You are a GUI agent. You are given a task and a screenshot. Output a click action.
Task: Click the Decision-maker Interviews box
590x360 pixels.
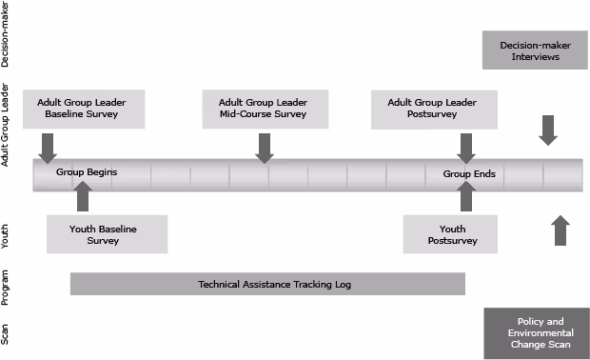tap(535, 50)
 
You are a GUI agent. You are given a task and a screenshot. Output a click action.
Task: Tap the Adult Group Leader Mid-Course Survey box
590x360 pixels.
tap(265, 108)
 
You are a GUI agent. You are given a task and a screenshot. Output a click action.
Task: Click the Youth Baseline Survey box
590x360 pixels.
tap(107, 234)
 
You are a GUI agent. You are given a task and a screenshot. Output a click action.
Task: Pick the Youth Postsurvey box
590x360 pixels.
tap(452, 234)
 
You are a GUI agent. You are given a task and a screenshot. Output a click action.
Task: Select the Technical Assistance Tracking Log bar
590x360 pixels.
tap(267, 284)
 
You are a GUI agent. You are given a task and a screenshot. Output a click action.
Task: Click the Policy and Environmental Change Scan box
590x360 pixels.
tap(537, 333)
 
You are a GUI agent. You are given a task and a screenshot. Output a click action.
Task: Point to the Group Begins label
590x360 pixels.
tap(86, 173)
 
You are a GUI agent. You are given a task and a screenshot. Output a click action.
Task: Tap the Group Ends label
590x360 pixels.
tap(468, 173)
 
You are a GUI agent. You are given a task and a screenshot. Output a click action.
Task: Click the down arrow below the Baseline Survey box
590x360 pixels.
tap(48, 148)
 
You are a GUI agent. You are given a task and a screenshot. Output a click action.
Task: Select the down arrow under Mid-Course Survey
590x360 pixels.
tap(265, 148)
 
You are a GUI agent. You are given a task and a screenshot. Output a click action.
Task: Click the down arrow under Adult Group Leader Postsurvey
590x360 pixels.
tap(466, 148)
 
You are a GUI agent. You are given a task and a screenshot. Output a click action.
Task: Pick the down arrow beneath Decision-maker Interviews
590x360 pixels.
tap(548, 130)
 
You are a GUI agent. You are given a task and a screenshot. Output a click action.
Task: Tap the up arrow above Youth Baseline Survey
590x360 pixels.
tap(83, 196)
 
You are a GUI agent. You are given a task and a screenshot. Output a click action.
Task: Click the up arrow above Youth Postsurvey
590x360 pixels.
tap(466, 196)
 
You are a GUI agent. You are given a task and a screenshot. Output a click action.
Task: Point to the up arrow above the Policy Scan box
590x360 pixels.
tap(560, 231)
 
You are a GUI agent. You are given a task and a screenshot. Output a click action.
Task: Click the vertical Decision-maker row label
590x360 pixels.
tap(8, 34)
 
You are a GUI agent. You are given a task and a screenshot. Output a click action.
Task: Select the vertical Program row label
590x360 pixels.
tap(8, 286)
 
